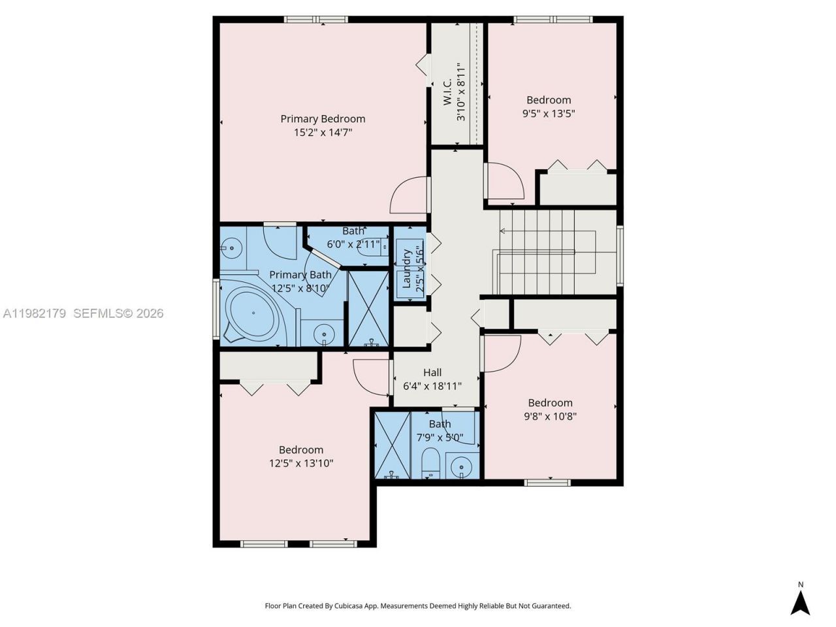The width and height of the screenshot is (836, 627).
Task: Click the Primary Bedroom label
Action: point(323,119)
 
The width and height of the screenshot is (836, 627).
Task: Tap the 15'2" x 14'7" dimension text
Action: point(323,133)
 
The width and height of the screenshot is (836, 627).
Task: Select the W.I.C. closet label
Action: point(448,92)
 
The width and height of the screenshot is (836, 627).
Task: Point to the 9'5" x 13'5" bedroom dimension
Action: point(548,114)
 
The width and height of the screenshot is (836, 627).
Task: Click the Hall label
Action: point(432,372)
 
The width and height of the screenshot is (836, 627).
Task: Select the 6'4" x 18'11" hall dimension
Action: point(432,386)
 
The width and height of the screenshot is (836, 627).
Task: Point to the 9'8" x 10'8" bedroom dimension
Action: point(550,417)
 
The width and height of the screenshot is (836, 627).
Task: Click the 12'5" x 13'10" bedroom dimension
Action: point(301,464)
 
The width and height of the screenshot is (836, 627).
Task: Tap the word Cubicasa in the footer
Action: point(349,606)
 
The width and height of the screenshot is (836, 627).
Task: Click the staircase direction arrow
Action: point(503,231)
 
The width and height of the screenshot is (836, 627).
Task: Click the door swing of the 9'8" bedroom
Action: point(502,354)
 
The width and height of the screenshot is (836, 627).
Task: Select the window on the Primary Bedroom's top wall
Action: point(316,20)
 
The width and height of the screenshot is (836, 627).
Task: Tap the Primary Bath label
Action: point(300,275)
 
